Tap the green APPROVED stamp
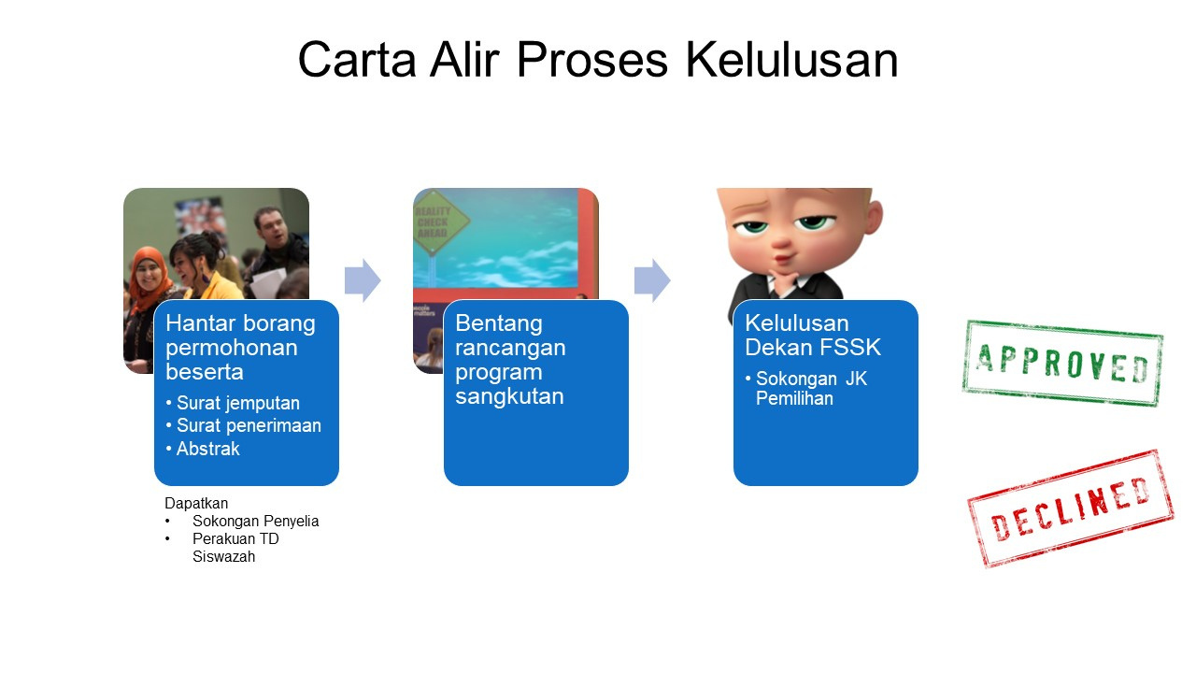pyautogui.click(x=1062, y=364)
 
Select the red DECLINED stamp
pyautogui.click(x=1070, y=508)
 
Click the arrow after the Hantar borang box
pyautogui.click(x=363, y=280)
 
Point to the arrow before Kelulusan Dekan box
pyautogui.click(x=652, y=280)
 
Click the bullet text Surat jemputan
pyautogui.click(x=237, y=403)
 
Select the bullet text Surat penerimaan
pyautogui.click(x=249, y=425)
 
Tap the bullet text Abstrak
pyautogui.click(x=207, y=449)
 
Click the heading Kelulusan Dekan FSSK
pyautogui.click(x=813, y=335)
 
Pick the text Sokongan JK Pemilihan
pyautogui.click(x=811, y=388)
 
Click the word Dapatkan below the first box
pyautogui.click(x=196, y=503)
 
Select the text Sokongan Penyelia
pyautogui.click(x=255, y=521)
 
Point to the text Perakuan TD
pyautogui.click(x=235, y=538)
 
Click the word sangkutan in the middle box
pyautogui.click(x=509, y=396)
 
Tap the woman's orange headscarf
pyautogui.click(x=148, y=278)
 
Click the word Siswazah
pyautogui.click(x=223, y=556)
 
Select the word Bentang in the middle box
pyautogui.click(x=499, y=323)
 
